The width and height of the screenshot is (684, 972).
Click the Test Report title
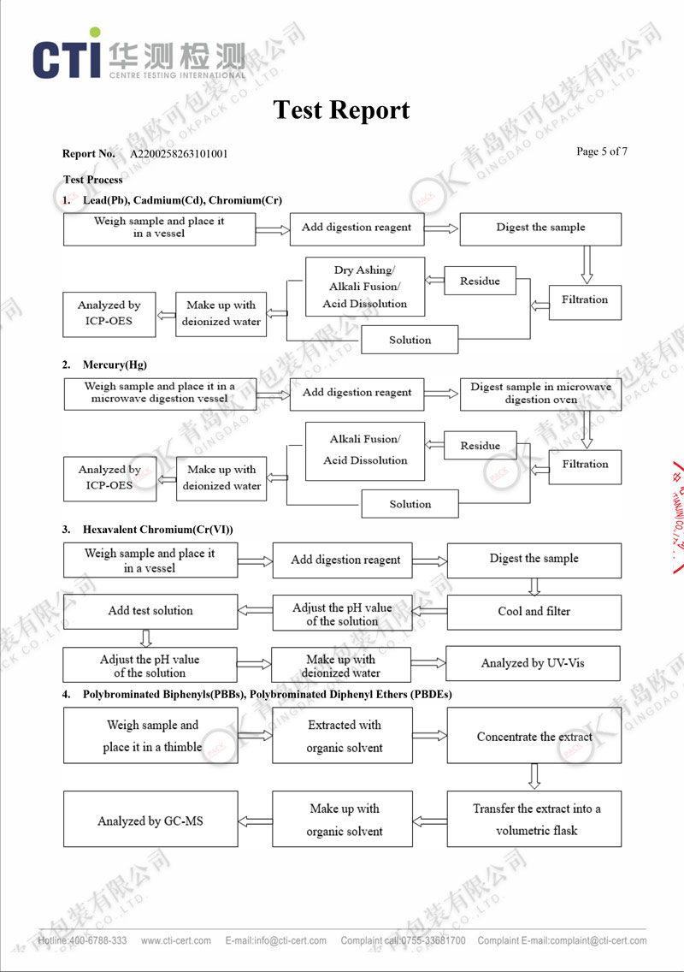(x=341, y=110)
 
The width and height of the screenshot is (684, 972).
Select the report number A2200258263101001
(x=179, y=154)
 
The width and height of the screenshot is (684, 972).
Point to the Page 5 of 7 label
(x=602, y=151)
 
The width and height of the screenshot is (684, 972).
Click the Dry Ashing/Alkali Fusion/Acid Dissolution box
(x=365, y=287)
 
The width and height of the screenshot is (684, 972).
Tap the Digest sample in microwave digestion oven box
(x=540, y=394)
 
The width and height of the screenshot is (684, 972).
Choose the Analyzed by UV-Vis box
(x=533, y=663)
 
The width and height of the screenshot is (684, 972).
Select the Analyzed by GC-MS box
(x=150, y=819)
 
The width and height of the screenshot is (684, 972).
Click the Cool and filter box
(x=534, y=612)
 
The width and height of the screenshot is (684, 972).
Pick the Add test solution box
(x=150, y=611)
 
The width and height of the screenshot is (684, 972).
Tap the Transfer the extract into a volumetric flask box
(x=534, y=819)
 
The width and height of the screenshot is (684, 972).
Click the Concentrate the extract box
(x=534, y=736)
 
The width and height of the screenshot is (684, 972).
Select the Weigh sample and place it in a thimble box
(x=150, y=736)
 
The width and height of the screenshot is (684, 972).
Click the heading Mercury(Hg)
(x=115, y=364)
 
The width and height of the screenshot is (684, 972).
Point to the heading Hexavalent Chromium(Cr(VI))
(x=158, y=530)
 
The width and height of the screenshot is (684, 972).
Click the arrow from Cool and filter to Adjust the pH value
(x=429, y=611)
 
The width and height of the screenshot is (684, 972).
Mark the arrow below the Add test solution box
(x=146, y=638)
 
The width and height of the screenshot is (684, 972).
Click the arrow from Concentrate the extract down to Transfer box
(x=534, y=777)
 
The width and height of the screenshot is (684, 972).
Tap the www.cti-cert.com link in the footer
(x=176, y=940)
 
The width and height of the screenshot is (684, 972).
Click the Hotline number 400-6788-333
(x=97, y=940)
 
